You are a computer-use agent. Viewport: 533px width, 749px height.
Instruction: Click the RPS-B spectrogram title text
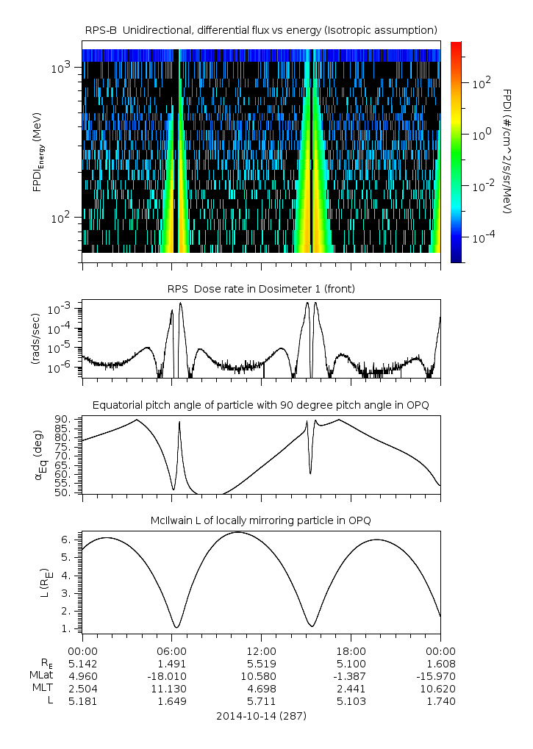coord(261,29)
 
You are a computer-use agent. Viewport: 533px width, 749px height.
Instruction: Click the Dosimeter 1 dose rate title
coord(261,289)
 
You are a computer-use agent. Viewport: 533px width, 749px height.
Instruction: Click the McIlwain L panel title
coord(261,520)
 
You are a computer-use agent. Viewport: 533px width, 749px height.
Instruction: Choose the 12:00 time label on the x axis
coord(261,651)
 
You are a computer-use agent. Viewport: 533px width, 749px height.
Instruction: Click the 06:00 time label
coord(171,651)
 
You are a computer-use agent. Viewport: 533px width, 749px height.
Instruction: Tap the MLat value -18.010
coord(171,676)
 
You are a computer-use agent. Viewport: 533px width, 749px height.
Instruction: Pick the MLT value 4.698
coord(261,689)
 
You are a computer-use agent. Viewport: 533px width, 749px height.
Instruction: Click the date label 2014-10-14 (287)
coord(261,715)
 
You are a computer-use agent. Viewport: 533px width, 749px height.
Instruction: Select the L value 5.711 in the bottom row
coord(261,701)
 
